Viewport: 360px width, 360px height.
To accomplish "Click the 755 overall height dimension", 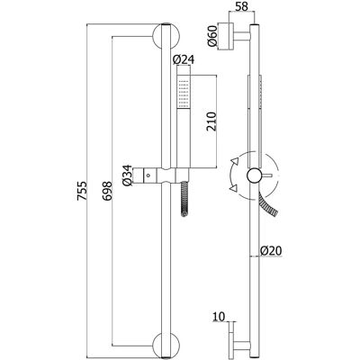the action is pos(82,191).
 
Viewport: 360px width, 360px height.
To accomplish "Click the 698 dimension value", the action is pos(107,191).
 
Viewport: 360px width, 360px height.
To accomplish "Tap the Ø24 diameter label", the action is pos(184,59).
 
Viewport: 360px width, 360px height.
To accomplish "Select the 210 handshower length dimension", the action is pos(211,121).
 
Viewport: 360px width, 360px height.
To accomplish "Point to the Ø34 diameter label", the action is pos(127,175).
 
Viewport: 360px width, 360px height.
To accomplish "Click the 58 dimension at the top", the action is pos(241,6).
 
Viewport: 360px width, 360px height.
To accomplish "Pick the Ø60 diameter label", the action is pos(212,36).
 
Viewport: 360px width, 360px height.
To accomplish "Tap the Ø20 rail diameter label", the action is pos(271,250).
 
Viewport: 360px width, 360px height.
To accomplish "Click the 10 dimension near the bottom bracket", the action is pos(219,317).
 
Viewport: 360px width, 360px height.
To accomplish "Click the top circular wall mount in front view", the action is pos(166,36).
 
